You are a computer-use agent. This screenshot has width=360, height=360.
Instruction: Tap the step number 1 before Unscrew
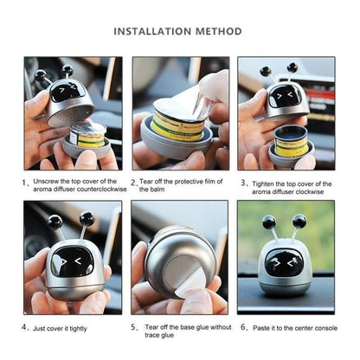tap(26, 183)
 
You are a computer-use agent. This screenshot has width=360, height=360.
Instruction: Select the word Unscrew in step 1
tap(51, 183)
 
